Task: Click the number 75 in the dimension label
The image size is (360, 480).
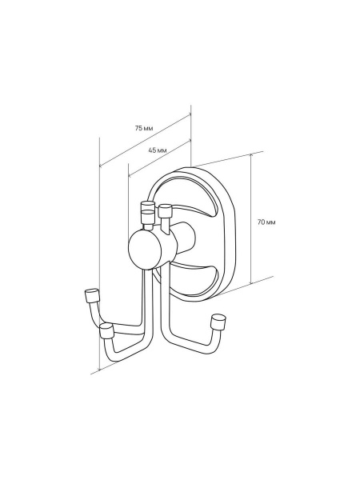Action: tap(138, 128)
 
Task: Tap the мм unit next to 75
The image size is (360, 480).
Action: tap(148, 129)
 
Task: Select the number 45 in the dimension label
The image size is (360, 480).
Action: tap(152, 150)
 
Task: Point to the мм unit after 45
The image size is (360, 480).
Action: tap(162, 150)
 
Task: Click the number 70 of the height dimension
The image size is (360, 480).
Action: tap(261, 222)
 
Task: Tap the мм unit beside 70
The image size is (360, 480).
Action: tap(270, 222)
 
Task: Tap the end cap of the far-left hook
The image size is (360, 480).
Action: tap(91, 295)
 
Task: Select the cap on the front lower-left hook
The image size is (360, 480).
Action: tap(107, 331)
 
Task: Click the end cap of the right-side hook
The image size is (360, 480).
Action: tap(218, 321)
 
